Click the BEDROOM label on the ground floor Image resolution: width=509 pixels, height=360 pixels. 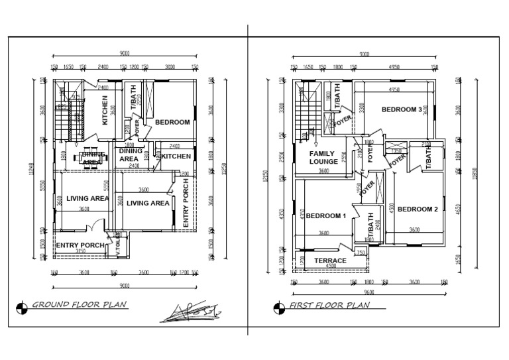(x=172, y=122)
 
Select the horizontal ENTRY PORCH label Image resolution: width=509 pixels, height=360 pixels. (x=80, y=245)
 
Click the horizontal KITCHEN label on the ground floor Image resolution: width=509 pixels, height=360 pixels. (x=176, y=156)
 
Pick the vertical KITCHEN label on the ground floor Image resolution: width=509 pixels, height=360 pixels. (x=105, y=110)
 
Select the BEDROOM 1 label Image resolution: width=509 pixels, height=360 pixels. (x=326, y=216)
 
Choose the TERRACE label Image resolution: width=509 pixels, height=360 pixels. (x=330, y=261)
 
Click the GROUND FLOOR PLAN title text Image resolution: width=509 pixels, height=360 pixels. (x=80, y=306)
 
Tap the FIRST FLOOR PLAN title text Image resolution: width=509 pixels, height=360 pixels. (x=329, y=306)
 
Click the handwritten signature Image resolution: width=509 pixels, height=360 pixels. (x=190, y=310)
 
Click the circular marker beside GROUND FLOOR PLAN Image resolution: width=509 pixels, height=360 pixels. (x=23, y=306)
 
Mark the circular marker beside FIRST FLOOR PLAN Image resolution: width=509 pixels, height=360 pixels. (x=275, y=306)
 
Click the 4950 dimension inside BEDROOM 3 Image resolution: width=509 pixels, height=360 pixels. (x=394, y=89)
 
